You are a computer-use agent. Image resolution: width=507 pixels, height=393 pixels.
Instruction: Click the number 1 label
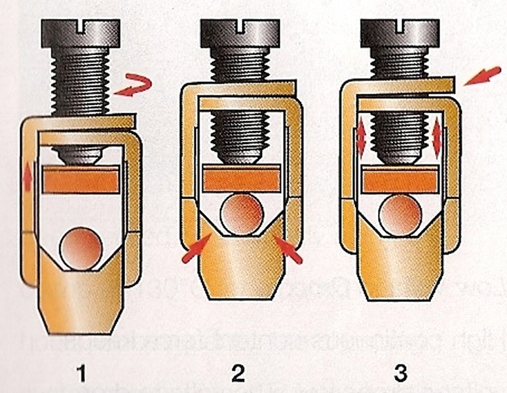click(82, 374)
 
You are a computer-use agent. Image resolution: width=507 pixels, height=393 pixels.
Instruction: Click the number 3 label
click(400, 374)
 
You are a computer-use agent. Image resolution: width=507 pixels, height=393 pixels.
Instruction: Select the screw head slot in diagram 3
click(400, 25)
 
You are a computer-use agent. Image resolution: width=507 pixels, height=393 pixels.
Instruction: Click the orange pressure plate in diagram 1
click(80, 178)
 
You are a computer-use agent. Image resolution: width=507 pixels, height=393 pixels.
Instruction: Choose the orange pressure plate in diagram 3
click(400, 179)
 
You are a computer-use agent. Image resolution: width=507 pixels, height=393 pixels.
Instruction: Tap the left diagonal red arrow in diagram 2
click(196, 250)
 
